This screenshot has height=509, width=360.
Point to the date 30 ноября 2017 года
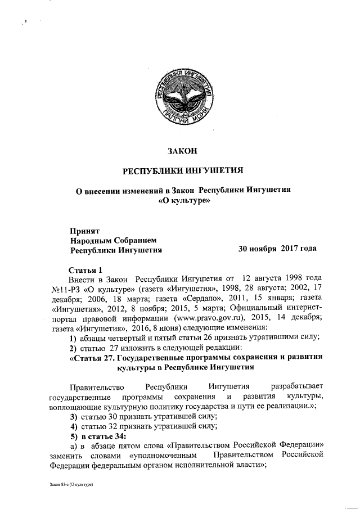pos(277,248)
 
